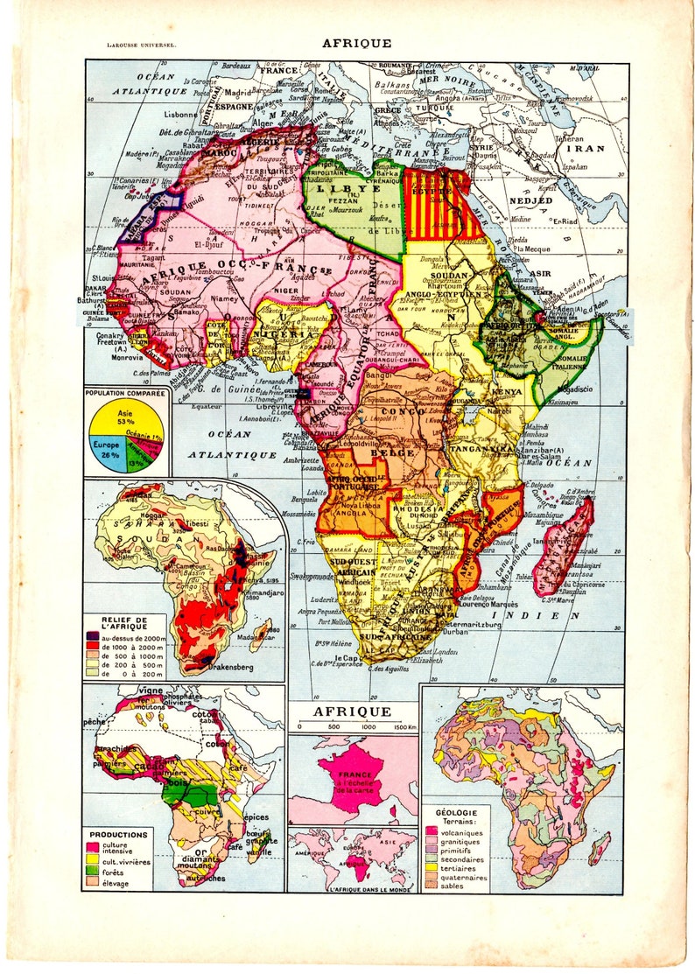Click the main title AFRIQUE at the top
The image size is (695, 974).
(356, 42)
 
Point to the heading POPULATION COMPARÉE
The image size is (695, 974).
(125, 395)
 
